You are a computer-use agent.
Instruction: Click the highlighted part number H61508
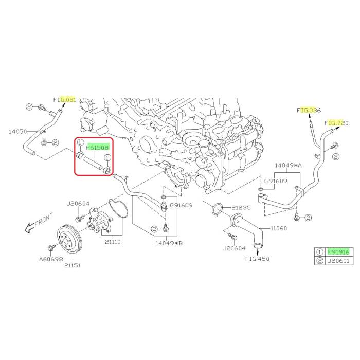tap(97, 148)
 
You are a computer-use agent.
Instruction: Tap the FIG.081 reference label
tap(64, 99)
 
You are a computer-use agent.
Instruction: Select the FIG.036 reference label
tap(309, 110)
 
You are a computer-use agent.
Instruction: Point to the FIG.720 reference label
tap(336, 123)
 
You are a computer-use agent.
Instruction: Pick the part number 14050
tap(17, 132)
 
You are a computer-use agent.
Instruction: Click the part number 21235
tap(241, 208)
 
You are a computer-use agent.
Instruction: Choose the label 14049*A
tap(287, 166)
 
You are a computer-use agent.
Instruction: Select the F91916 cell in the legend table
tap(339, 251)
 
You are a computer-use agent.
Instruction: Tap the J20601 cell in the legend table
tap(339, 261)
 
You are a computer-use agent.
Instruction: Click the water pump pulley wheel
tap(69, 239)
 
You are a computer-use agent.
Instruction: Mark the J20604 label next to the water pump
tap(78, 204)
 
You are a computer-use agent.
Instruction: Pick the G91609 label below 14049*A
tap(276, 182)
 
